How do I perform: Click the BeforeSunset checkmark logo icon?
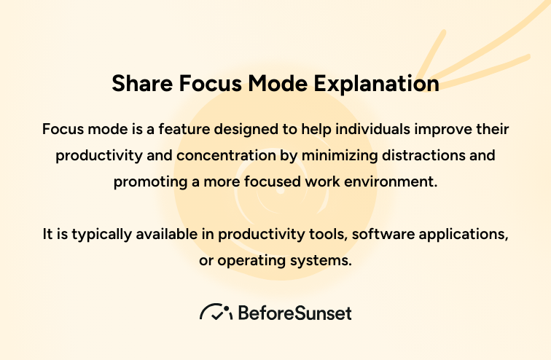coord(216,313)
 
